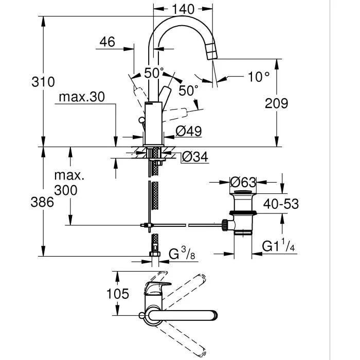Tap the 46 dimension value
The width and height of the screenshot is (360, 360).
(x=107, y=42)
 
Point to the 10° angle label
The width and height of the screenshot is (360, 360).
(x=259, y=77)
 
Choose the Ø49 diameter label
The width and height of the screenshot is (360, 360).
(x=188, y=131)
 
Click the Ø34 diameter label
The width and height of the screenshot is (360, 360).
(x=195, y=157)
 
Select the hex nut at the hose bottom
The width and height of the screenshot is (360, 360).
(x=153, y=254)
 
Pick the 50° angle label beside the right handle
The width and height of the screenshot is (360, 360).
(x=188, y=91)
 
